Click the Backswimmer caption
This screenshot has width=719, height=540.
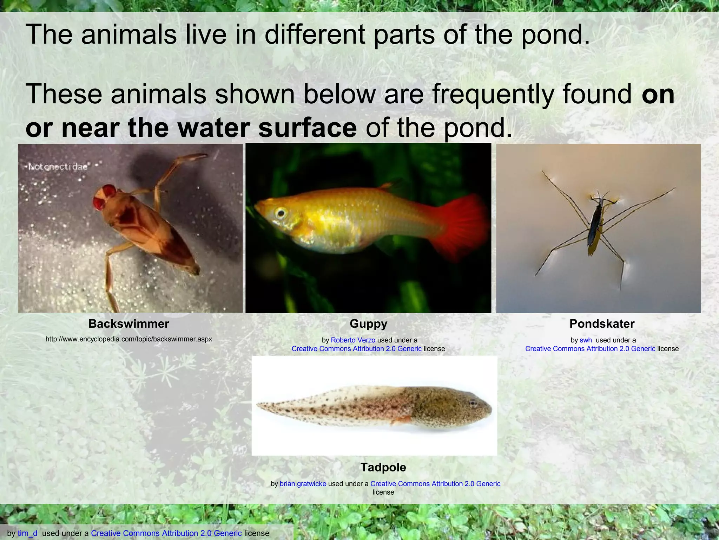click(x=128, y=324)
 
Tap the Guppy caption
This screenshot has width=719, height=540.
click(x=368, y=324)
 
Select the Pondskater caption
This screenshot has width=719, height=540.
click(x=602, y=324)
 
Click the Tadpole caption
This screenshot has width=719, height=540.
click(x=383, y=467)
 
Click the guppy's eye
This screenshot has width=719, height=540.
click(x=280, y=213)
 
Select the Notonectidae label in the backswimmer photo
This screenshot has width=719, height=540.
click(x=58, y=167)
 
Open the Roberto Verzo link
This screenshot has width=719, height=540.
click(x=353, y=340)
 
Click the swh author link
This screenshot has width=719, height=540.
click(x=586, y=340)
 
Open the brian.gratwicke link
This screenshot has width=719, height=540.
click(x=303, y=484)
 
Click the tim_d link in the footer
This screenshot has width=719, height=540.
click(x=27, y=533)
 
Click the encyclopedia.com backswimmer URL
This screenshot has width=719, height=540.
click(x=128, y=339)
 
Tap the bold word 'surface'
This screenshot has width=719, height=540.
click(x=308, y=128)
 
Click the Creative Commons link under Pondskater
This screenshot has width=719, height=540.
click(x=590, y=349)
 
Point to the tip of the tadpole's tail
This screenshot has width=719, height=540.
click(x=258, y=405)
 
